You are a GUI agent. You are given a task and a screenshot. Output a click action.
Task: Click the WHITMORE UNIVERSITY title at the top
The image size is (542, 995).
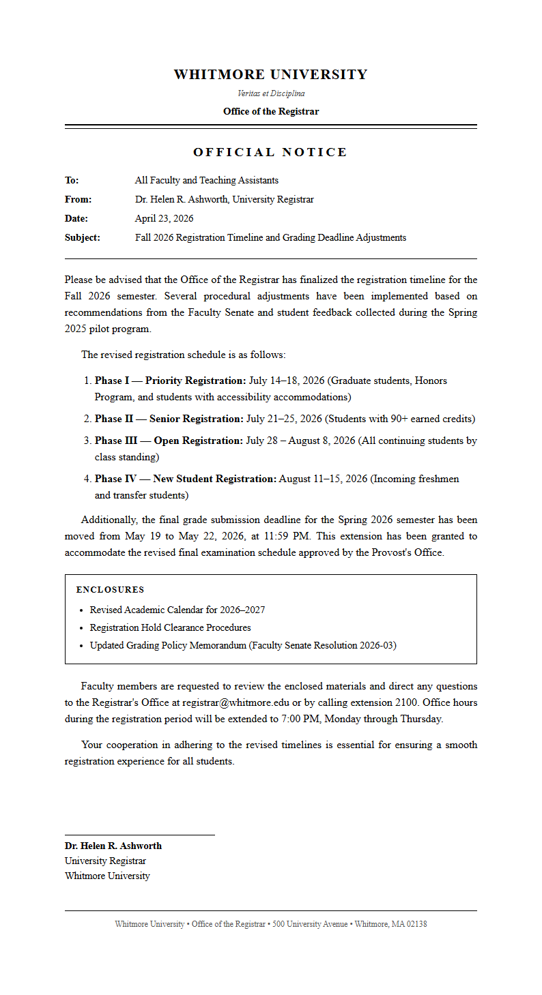[270, 75]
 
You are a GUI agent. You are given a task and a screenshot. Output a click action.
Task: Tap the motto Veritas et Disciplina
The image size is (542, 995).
[270, 93]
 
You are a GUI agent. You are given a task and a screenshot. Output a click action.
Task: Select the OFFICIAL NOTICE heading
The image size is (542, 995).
[270, 152]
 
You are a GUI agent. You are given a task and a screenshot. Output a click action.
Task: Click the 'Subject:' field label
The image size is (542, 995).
[82, 238]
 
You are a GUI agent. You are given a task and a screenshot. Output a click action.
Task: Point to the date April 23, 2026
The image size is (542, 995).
[164, 219]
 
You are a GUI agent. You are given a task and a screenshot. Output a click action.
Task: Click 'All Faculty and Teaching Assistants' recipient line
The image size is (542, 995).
[206, 181]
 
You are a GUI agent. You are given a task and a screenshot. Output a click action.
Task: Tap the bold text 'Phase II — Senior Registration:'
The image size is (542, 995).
[169, 419]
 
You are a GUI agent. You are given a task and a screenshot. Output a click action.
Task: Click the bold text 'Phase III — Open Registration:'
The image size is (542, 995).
[169, 441]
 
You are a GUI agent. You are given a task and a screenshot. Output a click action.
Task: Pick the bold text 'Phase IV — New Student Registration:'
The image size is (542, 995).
[185, 479]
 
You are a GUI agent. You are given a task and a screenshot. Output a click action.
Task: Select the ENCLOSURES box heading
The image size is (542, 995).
[110, 590]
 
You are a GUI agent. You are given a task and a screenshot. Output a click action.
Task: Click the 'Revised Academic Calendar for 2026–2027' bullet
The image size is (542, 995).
[177, 610]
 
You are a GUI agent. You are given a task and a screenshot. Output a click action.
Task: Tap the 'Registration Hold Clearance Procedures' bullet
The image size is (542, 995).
[170, 627]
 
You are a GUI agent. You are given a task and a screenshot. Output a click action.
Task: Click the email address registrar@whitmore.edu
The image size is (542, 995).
[236, 702]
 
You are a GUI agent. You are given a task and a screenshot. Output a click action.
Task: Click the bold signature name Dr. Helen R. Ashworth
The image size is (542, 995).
[113, 846]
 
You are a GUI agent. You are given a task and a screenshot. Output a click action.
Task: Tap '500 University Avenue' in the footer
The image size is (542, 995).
[311, 924]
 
